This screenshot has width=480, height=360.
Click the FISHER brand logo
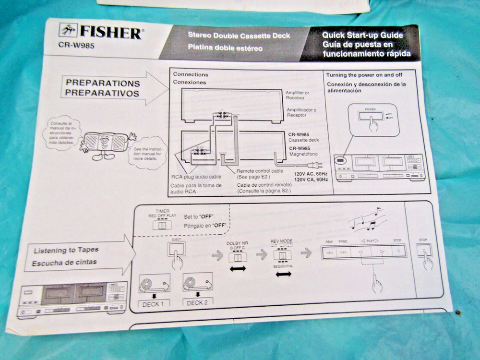point(100,32)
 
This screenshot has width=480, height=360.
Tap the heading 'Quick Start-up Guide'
point(362,35)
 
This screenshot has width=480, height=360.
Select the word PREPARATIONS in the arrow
point(103,83)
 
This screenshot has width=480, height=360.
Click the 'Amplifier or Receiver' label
point(298,95)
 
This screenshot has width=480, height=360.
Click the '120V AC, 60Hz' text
point(310,174)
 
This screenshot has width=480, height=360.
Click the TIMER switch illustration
point(162,225)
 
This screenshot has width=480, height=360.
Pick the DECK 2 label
point(198,302)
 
